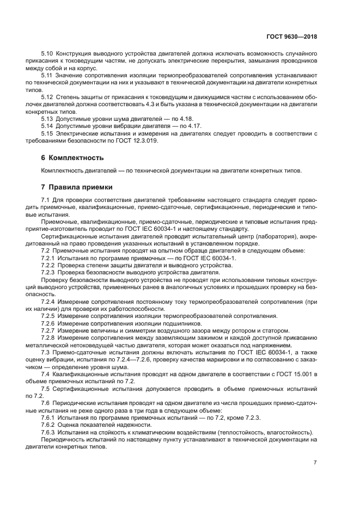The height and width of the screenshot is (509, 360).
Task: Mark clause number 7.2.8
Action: [50, 337]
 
